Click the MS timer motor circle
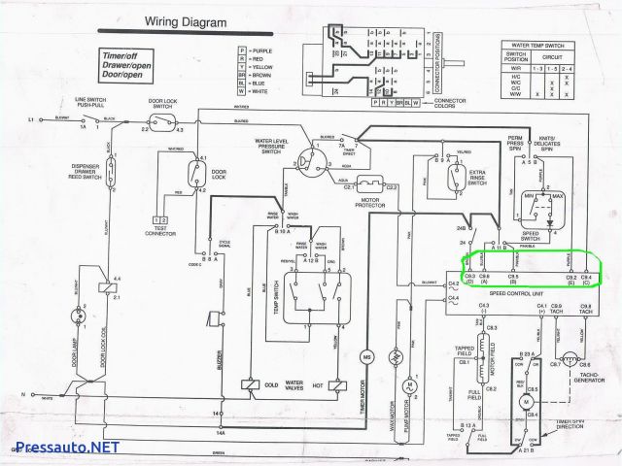tap(368, 358)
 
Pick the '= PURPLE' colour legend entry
tap(263, 49)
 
